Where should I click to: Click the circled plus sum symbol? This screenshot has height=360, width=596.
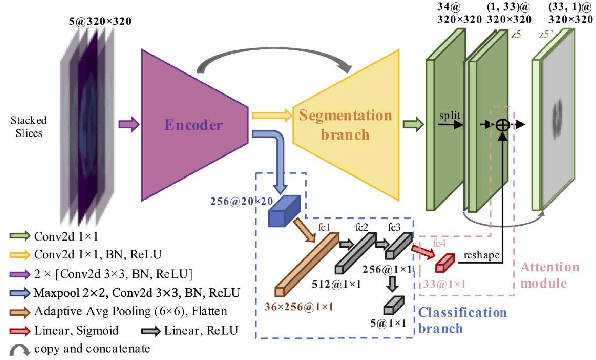[504, 124]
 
